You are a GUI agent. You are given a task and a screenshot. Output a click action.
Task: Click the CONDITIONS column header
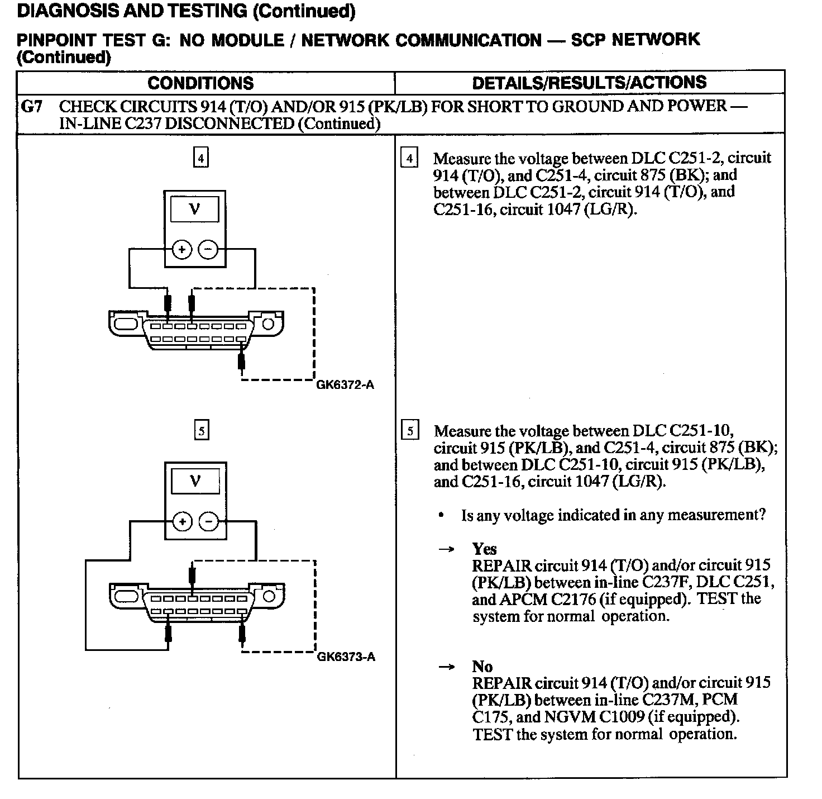click(200, 83)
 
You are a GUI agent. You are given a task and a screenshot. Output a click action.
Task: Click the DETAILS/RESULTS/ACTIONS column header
click(589, 83)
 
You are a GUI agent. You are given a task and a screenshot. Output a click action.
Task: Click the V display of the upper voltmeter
click(195, 209)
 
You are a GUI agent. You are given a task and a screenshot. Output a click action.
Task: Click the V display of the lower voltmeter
click(195, 481)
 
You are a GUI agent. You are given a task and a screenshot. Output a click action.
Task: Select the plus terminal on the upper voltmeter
click(181, 250)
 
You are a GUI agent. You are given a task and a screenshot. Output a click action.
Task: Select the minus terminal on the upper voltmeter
click(208, 250)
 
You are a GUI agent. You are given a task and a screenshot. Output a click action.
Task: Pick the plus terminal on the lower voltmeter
click(181, 522)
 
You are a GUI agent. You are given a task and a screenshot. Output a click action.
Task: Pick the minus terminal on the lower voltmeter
click(208, 522)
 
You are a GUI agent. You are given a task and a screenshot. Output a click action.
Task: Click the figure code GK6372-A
click(345, 385)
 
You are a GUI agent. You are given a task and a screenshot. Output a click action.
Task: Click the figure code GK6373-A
click(346, 657)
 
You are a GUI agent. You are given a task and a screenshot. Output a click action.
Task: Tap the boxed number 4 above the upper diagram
click(200, 158)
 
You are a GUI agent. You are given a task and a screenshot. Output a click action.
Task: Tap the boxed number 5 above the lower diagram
click(201, 431)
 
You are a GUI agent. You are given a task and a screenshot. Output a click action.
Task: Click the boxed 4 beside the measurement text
click(409, 158)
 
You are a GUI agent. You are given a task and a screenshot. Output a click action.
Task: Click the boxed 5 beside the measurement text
click(410, 431)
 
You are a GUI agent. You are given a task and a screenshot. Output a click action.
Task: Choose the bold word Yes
click(484, 549)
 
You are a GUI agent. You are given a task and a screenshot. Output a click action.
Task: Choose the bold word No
click(482, 667)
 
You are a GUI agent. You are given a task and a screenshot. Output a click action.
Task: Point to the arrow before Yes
click(446, 549)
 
